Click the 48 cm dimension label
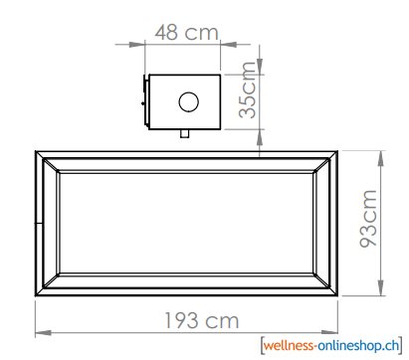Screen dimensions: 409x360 187,32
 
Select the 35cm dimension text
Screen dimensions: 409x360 248,90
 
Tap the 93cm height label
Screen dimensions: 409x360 368,219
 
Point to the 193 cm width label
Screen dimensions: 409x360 202,320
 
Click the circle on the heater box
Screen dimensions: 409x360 189,101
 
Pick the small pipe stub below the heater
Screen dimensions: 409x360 185,133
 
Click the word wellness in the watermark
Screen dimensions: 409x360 289,346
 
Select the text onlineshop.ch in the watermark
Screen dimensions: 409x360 358,346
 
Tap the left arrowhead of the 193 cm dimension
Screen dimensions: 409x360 43,332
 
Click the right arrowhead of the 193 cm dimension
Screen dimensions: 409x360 329,332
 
